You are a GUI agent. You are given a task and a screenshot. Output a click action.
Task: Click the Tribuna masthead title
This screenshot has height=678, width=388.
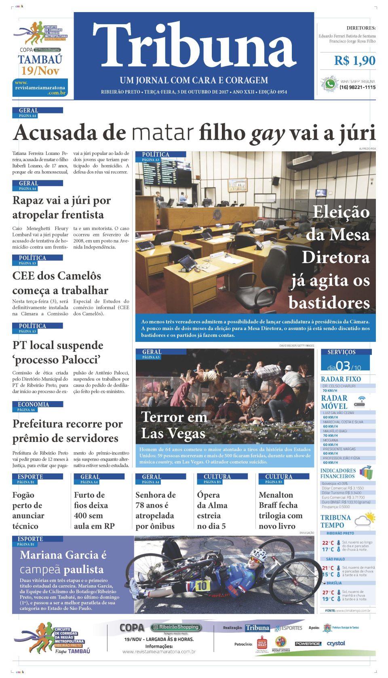[194, 45]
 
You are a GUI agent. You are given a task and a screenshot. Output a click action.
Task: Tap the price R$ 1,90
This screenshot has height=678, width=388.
[354, 61]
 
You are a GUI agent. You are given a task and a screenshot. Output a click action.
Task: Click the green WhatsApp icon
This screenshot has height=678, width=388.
[330, 84]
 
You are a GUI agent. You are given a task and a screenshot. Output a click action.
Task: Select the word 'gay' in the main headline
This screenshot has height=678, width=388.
[268, 133]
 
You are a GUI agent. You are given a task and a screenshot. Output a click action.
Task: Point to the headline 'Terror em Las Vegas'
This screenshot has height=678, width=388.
[174, 425]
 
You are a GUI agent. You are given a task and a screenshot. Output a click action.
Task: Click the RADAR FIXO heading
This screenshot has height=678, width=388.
[341, 379]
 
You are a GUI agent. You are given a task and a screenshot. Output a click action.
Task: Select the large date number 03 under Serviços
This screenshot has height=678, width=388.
[343, 366]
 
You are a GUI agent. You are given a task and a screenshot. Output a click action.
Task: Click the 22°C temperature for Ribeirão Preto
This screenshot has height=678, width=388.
[328, 543]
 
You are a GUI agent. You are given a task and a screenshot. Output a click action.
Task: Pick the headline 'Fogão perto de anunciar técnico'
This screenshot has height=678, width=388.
[28, 510]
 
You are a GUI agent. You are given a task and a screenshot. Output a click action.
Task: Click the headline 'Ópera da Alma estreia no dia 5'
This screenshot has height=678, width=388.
[212, 510]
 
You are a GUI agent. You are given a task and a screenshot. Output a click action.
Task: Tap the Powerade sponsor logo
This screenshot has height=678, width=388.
[308, 644]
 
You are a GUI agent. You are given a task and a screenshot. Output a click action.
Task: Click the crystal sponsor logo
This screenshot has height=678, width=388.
[335, 643]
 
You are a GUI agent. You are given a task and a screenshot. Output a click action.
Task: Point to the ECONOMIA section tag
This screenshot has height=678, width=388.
[33, 404]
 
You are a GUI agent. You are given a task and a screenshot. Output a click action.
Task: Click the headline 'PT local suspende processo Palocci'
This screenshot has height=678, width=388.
[58, 352]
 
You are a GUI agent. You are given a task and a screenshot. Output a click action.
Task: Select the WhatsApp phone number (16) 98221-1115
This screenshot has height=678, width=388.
[357, 87]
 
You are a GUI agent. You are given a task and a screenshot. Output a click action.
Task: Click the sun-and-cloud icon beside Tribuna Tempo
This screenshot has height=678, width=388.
[365, 520]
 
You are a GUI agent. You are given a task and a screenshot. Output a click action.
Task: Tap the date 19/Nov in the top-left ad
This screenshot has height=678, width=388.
[40, 71]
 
